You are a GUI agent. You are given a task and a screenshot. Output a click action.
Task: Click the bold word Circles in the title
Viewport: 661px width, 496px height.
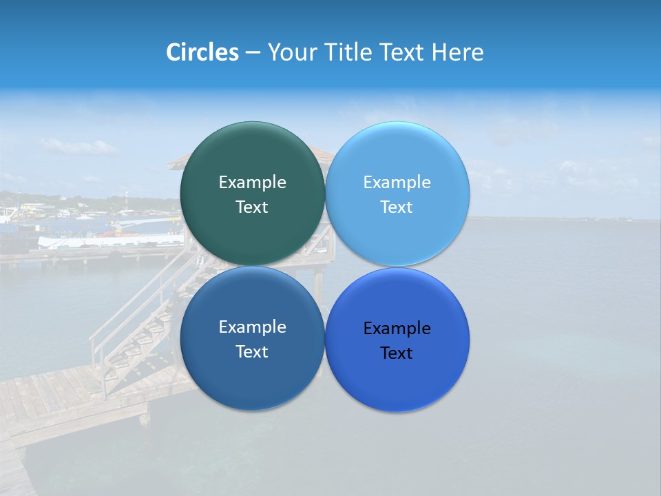[x=202, y=52]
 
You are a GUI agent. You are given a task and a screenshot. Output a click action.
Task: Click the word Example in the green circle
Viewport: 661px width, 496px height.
[x=252, y=183]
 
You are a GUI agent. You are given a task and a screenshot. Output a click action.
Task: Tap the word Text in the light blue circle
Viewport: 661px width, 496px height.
[x=397, y=207]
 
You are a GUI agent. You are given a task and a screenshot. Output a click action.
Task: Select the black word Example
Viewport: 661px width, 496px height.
[x=397, y=329]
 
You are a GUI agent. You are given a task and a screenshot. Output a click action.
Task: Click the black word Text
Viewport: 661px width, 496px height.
[x=397, y=353]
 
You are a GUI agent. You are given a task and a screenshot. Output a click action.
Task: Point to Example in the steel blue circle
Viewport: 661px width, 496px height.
[x=252, y=327]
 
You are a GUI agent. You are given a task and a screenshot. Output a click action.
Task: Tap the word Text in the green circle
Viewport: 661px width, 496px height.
[x=252, y=207]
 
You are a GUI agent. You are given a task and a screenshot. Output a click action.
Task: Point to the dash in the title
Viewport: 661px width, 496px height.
[x=252, y=52]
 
